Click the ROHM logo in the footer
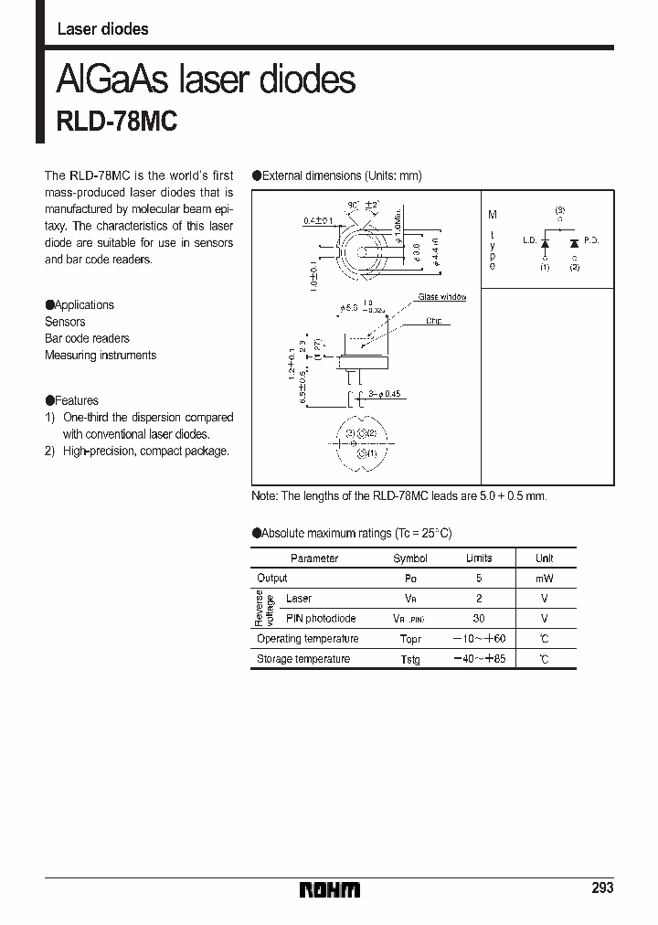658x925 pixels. tap(329, 889)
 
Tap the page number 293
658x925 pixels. tap(602, 888)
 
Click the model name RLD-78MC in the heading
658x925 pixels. tap(117, 122)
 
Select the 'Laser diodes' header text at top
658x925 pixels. tap(102, 29)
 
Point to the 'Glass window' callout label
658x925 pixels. tap(441, 297)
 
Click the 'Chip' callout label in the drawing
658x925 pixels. tap(433, 321)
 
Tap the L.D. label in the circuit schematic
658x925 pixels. tap(529, 240)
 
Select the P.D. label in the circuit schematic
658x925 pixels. tap(590, 240)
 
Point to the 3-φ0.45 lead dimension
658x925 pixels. tap(383, 394)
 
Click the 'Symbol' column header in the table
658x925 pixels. tap(409, 558)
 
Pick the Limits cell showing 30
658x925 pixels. tap(479, 619)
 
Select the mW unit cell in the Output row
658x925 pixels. tap(544, 579)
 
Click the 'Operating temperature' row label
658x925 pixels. tap(307, 639)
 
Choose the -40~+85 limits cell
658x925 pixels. tap(480, 659)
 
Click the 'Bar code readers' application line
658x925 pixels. tap(87, 338)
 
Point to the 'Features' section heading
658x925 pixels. tap(76, 400)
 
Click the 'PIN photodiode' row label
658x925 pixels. tap(321, 619)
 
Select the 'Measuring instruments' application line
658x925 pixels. tap(101, 355)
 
